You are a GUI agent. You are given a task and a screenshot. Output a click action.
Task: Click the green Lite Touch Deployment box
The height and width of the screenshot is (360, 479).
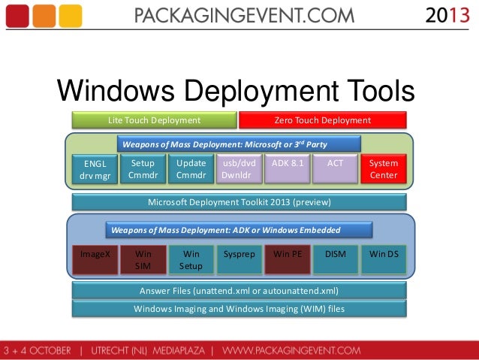coord(154,120)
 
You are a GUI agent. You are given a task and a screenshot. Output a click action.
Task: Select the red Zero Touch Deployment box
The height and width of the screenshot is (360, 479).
coord(322,120)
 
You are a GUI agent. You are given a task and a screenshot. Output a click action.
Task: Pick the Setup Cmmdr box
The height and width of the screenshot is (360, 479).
coord(143,169)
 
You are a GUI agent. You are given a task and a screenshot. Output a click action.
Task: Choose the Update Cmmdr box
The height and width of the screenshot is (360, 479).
coord(191,169)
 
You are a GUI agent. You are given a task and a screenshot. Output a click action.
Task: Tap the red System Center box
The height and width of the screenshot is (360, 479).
coord(384,170)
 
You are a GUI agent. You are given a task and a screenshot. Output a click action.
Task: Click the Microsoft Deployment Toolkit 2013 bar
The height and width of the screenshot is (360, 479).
coord(239,202)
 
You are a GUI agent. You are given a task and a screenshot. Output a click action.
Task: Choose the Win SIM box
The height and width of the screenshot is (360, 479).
coord(143,260)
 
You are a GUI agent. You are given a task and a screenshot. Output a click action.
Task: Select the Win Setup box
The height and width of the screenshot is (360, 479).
coord(191,260)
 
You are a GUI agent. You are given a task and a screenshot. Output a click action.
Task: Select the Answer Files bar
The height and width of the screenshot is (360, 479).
coord(239,291)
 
